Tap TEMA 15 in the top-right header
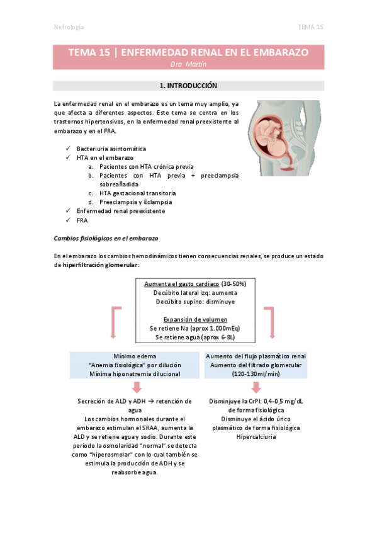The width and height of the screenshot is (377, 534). pos(310,27)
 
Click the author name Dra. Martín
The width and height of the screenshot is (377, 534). pos(188,64)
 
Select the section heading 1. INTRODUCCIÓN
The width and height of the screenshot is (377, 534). pos(188,85)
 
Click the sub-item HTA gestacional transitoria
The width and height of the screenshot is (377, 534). pos(137,193)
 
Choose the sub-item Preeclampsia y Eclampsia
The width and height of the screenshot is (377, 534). pos(135,202)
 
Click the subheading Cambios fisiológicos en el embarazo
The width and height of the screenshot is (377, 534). pos(106,239)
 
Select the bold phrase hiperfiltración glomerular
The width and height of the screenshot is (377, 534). pos(99,265)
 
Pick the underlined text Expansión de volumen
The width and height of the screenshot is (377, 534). pos(190,319)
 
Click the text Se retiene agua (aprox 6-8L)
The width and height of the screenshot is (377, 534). pos(190,338)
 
